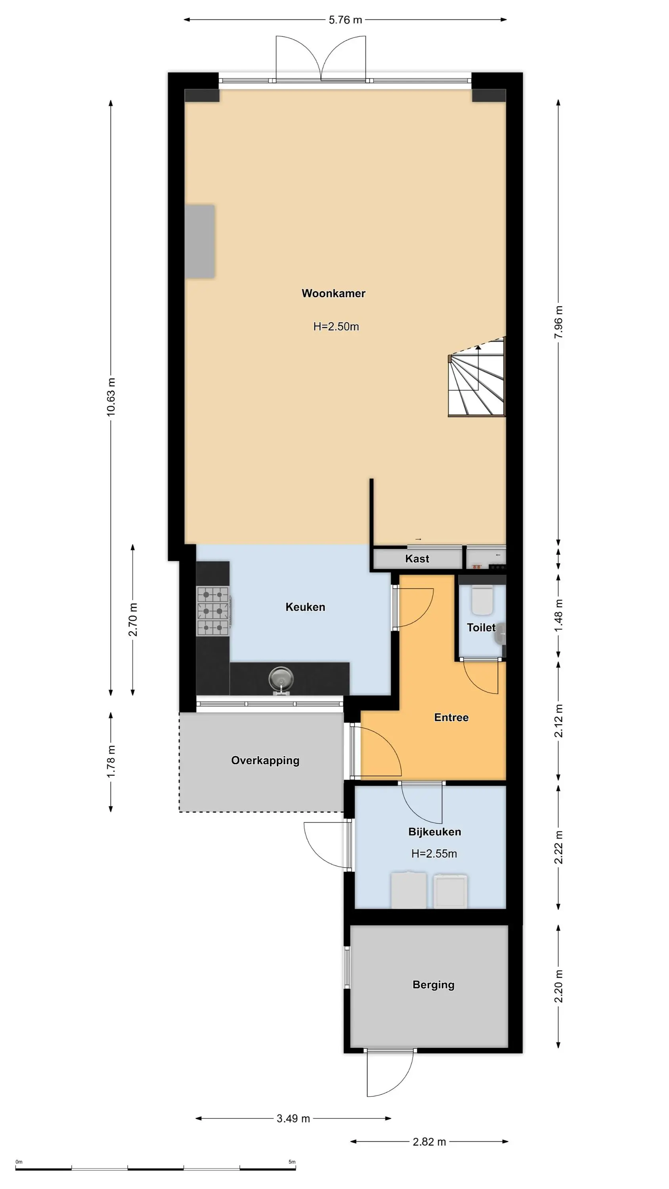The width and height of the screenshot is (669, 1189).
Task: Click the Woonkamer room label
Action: [333, 293]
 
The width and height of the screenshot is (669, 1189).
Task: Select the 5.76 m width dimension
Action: [345, 20]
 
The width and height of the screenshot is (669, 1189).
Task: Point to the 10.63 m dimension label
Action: [111, 397]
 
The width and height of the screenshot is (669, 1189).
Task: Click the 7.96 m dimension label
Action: [559, 322]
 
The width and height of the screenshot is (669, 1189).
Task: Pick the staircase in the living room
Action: [477, 377]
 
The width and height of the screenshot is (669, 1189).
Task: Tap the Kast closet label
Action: [417, 559]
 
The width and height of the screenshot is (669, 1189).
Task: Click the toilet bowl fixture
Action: [482, 600]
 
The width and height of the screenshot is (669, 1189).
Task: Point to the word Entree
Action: [451, 717]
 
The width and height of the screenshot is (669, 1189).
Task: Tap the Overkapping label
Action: [265, 760]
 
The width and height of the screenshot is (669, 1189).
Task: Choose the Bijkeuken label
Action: [434, 832]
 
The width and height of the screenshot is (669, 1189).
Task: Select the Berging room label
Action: [433, 984]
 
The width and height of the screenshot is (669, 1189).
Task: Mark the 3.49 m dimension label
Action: [293, 1118]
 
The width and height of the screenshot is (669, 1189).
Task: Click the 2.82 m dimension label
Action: [429, 1142]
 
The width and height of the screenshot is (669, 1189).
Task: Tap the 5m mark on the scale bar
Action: [292, 1162]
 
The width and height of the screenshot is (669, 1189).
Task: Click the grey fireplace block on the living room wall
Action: [200, 241]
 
